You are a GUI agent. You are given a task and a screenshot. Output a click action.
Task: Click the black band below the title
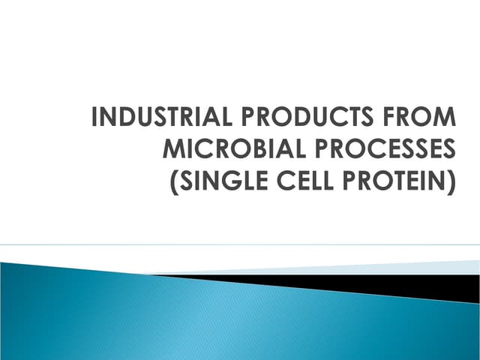(x=375, y=284)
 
